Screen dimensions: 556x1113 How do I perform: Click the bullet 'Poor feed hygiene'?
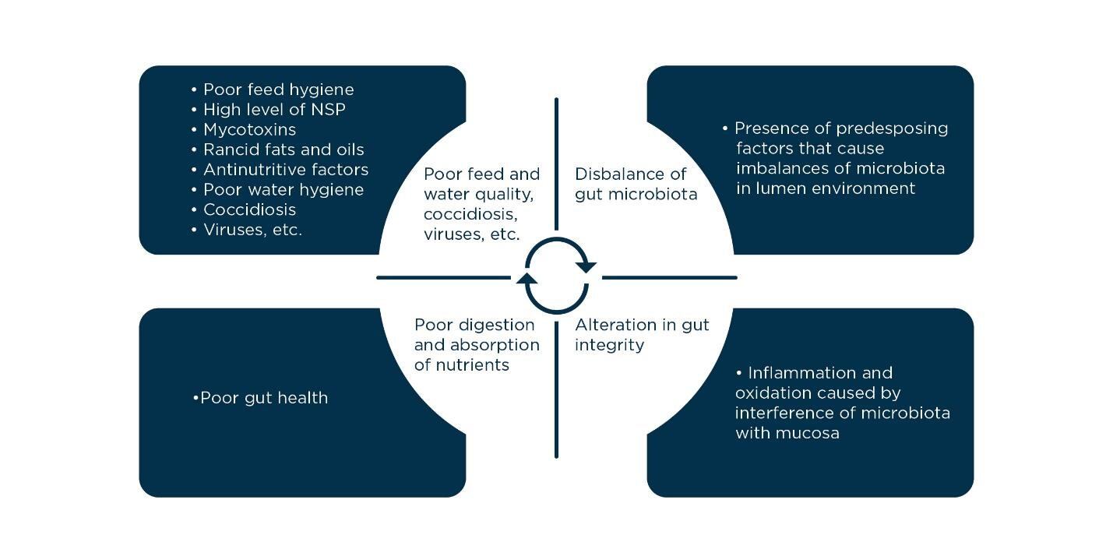point(278,90)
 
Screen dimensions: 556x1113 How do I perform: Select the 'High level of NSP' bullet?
point(274,110)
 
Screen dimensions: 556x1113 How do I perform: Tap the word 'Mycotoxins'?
point(249,129)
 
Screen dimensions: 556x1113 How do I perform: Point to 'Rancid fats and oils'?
point(284,150)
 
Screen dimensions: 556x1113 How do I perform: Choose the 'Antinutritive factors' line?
point(286,170)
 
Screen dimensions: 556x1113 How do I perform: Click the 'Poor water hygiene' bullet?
point(284,190)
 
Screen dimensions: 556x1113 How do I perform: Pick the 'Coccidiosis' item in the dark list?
point(249,209)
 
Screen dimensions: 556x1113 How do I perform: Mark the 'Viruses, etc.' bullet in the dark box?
point(252,230)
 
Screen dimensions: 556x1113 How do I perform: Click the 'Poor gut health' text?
point(263,398)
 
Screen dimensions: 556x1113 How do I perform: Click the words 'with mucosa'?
point(787,433)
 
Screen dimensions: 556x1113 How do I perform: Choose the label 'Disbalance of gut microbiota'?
point(636,184)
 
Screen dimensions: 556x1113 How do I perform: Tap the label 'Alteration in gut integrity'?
point(642,335)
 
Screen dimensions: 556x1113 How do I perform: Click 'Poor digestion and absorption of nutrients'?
point(476,345)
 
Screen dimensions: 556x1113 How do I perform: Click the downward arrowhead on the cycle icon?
point(586,267)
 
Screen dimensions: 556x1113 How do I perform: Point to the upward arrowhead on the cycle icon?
point(527,278)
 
